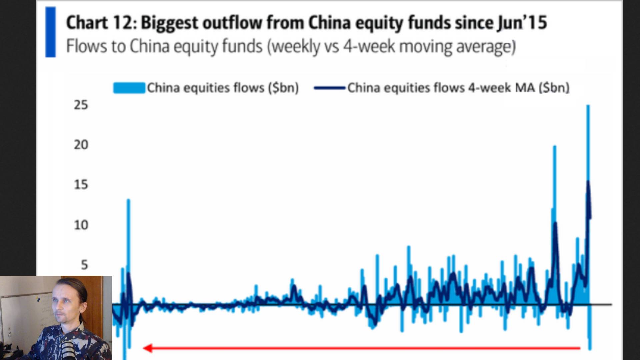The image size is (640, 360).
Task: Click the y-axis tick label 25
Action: pos(81,105)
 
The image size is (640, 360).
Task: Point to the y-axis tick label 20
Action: pos(81,145)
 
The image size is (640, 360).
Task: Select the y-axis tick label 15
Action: pos(81,185)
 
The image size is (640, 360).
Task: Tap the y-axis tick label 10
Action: pos(81,225)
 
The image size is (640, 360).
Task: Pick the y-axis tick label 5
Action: pos(84,265)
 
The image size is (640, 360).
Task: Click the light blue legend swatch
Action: pos(129,88)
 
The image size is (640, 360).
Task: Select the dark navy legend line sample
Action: pos(329,88)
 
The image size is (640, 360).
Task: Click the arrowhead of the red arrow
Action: pos(147,348)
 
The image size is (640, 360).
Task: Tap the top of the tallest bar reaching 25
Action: pos(588,106)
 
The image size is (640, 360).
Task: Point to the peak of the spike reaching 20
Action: pos(555,147)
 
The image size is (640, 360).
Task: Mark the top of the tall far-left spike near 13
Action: pos(128,200)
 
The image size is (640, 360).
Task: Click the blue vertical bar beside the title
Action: pos(51,32)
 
